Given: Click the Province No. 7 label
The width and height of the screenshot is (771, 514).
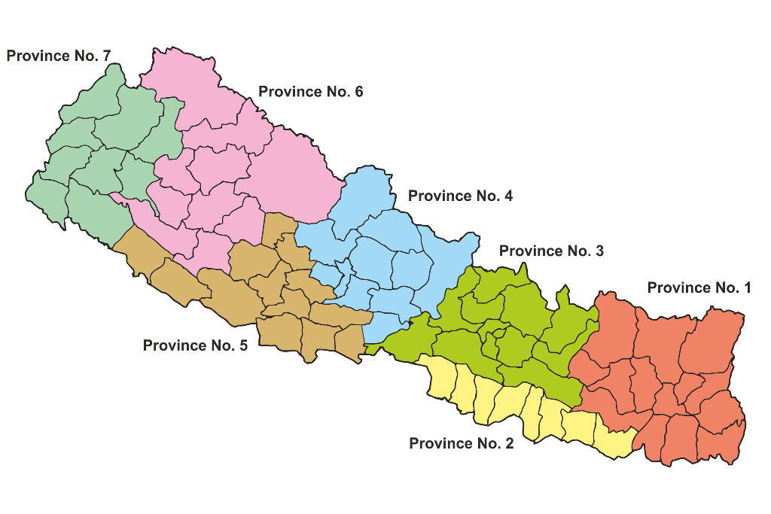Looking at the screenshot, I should point(59,56).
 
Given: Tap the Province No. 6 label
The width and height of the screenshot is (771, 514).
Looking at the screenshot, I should point(311,92).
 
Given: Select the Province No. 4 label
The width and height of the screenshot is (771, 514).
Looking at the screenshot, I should point(460,196).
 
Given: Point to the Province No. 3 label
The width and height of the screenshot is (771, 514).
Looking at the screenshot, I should point(551,251).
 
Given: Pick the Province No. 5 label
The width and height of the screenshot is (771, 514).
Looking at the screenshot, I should point(195,345).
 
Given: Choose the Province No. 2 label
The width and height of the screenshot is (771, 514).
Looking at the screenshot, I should point(461,443).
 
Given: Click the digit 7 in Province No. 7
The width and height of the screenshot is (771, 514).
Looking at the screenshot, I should point(106,56).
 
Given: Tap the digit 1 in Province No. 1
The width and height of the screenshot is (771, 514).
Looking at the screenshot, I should point(747,287).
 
